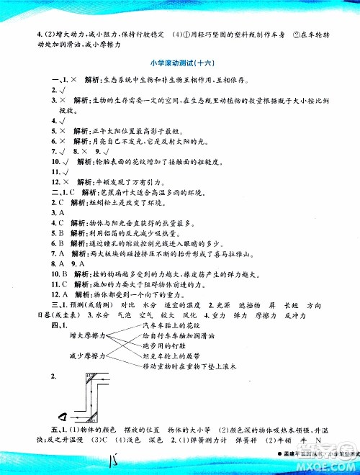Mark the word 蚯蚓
[80, 203]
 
